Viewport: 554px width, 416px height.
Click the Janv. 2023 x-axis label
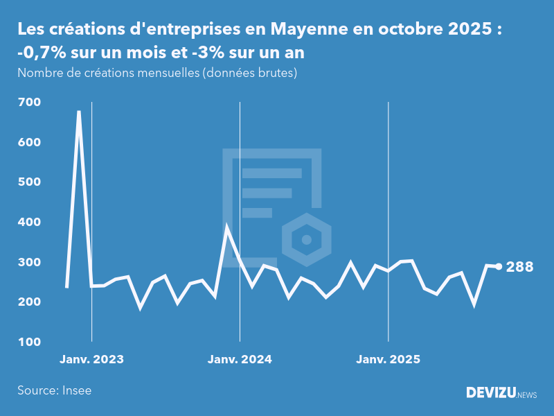pos(91,359)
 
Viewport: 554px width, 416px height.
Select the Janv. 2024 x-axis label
pos(240,359)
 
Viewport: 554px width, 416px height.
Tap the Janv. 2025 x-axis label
pos(388,359)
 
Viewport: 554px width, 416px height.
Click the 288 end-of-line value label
pos(520,267)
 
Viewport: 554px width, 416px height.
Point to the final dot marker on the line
pos(499,267)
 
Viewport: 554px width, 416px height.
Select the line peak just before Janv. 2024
pos(227,227)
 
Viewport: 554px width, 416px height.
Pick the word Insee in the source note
pos(77,390)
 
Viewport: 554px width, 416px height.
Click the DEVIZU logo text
pos(490,393)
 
